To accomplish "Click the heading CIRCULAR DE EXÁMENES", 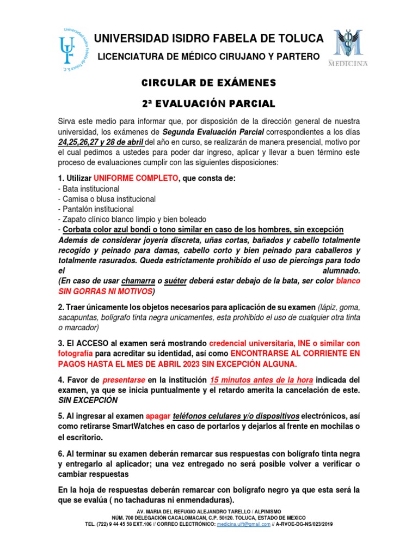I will [x=209, y=83].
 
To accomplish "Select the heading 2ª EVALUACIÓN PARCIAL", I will [x=209, y=104].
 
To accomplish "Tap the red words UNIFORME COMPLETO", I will [x=136, y=178].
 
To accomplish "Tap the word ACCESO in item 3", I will [x=94, y=344].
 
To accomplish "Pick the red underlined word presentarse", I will [x=125, y=379].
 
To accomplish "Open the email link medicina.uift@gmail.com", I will [x=243, y=524].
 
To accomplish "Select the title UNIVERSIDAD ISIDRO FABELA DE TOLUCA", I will [x=208, y=39].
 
